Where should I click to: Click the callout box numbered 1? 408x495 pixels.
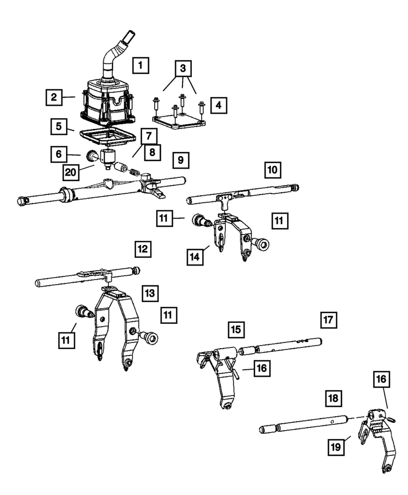[140, 65]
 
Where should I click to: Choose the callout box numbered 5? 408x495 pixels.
[59, 126]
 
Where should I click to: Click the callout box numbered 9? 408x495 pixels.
[180, 160]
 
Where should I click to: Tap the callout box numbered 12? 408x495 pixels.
[143, 250]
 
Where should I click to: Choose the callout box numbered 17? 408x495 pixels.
[328, 320]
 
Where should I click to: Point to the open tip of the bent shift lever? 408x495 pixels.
[126, 37]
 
